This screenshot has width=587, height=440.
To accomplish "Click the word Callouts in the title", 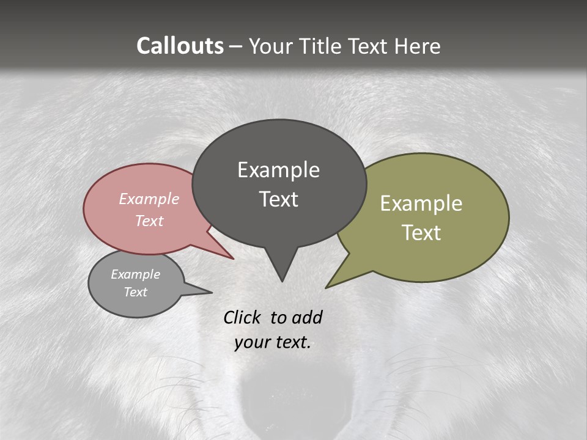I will pyautogui.click(x=180, y=46).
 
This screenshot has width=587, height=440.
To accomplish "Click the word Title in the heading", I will pyautogui.click(x=322, y=46).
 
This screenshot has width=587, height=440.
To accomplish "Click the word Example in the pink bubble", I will pyautogui.click(x=149, y=199).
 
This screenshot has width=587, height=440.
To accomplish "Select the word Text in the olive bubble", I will pyautogui.click(x=421, y=232).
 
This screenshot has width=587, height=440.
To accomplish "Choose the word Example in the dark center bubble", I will pyautogui.click(x=278, y=170).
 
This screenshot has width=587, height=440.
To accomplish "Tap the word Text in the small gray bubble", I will pyautogui.click(x=135, y=292).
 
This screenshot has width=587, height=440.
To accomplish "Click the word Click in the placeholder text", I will pyautogui.click(x=242, y=317).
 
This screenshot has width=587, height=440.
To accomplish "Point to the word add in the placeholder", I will pyautogui.click(x=306, y=317).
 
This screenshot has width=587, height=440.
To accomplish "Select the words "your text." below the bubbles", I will pyautogui.click(x=273, y=342).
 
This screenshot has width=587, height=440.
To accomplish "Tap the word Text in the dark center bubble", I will pyautogui.click(x=279, y=199).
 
